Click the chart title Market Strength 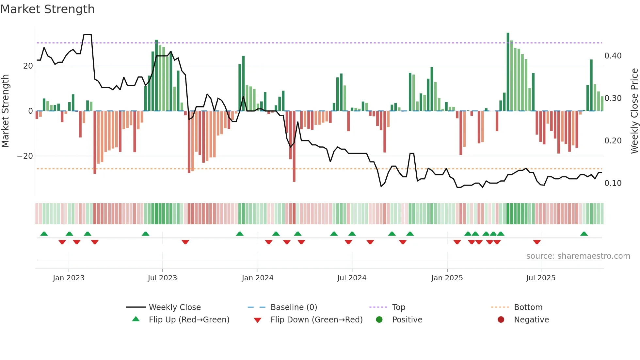pyautogui.click(x=47, y=9)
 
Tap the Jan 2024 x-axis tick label pyautogui.click(x=257, y=278)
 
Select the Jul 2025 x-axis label pyautogui.click(x=540, y=278)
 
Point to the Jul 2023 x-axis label pyautogui.click(x=162, y=278)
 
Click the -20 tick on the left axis pyautogui.click(x=25, y=156)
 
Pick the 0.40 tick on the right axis pyautogui.click(x=613, y=56)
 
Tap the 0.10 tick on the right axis pyautogui.click(x=613, y=183)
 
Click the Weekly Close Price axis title pyautogui.click(x=634, y=111)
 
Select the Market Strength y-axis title pyautogui.click(x=5, y=111)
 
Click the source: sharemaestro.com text pyautogui.click(x=578, y=256)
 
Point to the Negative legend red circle pyautogui.click(x=501, y=320)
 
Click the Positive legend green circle pyautogui.click(x=379, y=320)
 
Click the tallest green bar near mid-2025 pyautogui.click(x=508, y=72)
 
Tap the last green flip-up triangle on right pyautogui.click(x=584, y=234)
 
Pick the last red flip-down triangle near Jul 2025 pyautogui.click(x=537, y=242)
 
